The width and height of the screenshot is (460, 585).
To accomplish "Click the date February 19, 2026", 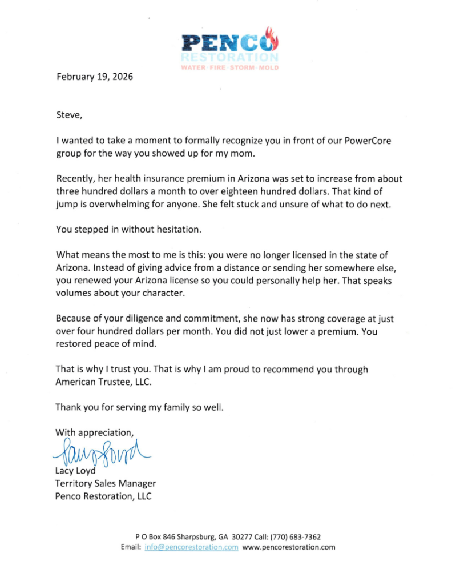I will tap(94, 76).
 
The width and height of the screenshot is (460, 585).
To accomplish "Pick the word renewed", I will tap(92, 282).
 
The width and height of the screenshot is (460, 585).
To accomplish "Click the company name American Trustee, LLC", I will tap(104, 382).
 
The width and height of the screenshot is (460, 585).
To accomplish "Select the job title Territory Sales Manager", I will tap(105, 484).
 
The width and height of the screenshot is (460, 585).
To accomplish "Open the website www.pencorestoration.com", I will tap(289, 547).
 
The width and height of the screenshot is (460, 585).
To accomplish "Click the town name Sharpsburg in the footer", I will tap(196, 536).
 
